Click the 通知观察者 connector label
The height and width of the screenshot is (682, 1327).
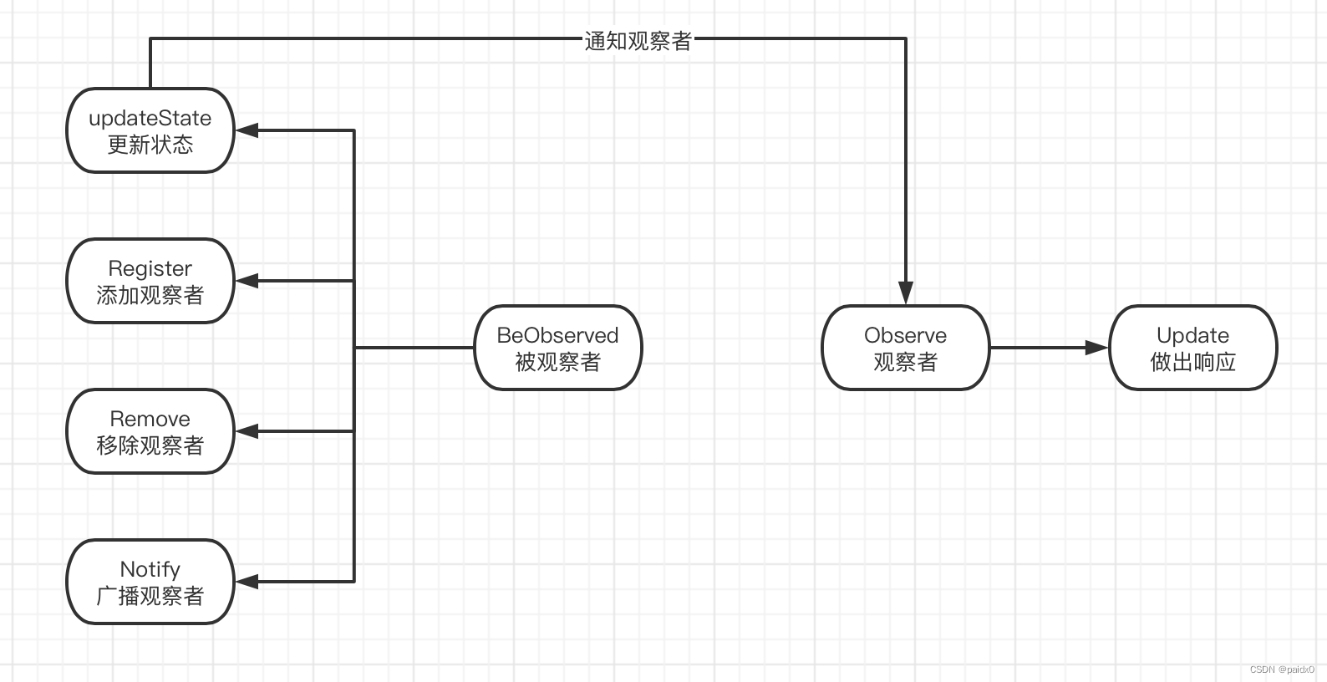(638, 41)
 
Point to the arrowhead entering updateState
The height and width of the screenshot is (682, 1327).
(247, 130)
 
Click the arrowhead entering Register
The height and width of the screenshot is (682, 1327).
(247, 281)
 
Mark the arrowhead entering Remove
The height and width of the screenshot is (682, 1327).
(247, 431)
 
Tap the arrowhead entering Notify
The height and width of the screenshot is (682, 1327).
(247, 582)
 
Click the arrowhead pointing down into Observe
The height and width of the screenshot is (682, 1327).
(906, 293)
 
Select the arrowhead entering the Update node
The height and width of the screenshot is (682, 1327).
(1096, 348)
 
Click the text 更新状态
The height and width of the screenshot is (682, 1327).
(150, 145)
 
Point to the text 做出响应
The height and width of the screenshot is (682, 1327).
(1192, 363)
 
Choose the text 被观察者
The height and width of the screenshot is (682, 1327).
(557, 363)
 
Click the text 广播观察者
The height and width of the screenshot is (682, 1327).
(150, 596)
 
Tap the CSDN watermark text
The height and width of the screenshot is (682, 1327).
(1282, 669)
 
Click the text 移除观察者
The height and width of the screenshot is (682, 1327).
(150, 445)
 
